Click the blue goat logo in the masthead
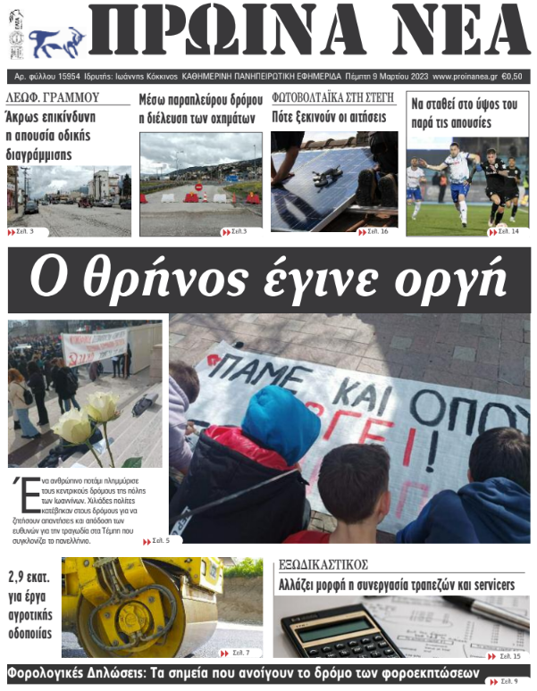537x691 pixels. [56, 39]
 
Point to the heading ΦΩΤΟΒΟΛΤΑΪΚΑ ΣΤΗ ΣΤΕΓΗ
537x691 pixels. [332, 98]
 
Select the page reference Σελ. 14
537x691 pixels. [509, 232]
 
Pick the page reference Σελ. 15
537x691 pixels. [509, 657]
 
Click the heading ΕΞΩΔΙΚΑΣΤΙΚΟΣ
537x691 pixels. [323, 565]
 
